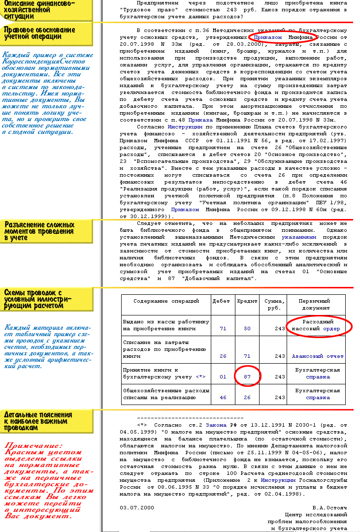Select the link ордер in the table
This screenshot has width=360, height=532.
(331, 328)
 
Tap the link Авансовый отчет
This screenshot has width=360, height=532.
(318, 356)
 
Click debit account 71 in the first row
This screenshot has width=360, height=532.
(223, 328)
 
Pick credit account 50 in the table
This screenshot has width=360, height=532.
(247, 328)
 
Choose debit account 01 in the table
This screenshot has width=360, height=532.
(223, 377)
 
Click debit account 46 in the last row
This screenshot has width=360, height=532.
(223, 398)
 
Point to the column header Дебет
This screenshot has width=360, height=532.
(221, 301)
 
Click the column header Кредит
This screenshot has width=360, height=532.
(247, 301)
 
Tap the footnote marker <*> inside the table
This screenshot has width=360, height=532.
(200, 377)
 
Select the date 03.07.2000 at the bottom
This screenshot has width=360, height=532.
(137, 507)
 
